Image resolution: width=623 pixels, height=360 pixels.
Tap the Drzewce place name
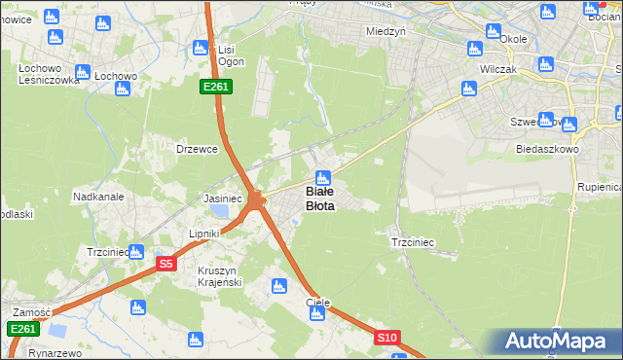(194, 149)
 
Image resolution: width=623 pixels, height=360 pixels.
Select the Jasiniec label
(222, 198)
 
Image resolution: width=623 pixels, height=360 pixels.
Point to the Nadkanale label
(98, 197)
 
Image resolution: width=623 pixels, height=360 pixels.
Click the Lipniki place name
(204, 234)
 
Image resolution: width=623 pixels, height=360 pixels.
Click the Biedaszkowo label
(548, 150)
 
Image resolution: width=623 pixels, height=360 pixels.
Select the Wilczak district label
(497, 71)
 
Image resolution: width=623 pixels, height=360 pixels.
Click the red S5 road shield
(166, 263)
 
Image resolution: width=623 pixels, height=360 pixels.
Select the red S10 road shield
(387, 338)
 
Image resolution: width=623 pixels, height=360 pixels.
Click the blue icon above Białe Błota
(322, 178)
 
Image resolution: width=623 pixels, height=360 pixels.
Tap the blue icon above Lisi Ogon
(202, 48)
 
